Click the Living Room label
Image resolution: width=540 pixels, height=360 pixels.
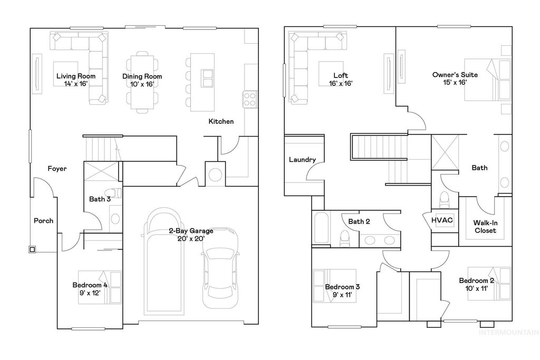(76, 80)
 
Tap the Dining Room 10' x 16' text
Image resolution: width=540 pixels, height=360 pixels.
(142, 80)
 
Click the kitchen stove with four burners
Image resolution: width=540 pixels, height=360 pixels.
(249, 98)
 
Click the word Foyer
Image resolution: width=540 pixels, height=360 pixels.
(57, 169)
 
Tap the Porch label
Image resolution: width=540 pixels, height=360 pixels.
(43, 220)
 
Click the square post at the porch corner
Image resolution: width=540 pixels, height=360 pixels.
(33, 249)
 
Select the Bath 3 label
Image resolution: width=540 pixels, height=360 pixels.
(100, 199)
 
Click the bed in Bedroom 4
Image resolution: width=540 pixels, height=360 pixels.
(108, 287)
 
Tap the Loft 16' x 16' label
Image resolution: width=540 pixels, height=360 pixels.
(341, 79)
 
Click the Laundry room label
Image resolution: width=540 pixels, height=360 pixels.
(302, 160)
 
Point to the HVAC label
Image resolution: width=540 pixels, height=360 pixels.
(442, 220)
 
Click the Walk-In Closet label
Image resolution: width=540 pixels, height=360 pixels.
(485, 226)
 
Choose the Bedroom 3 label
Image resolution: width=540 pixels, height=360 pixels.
(342, 290)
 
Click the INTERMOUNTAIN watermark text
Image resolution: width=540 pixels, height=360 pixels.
(508, 333)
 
